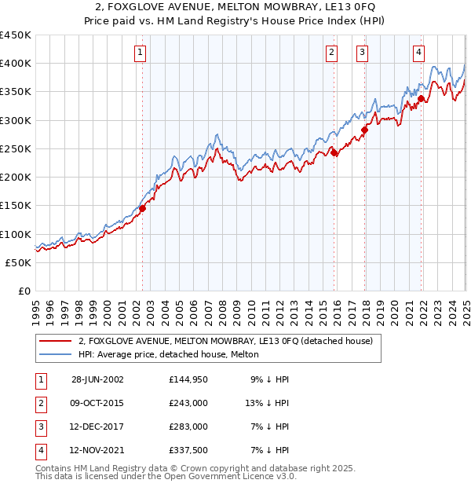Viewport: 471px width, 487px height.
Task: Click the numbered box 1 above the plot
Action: click(140, 53)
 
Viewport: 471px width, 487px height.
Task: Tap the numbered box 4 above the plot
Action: click(419, 53)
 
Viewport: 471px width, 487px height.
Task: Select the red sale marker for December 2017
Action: click(364, 130)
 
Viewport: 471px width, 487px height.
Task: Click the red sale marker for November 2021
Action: click(421, 99)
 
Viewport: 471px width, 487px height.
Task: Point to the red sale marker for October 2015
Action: click(334, 153)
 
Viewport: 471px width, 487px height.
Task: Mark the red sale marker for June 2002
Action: click(143, 209)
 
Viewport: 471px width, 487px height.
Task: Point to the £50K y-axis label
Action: click(19, 262)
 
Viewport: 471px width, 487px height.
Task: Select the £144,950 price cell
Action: click(188, 379)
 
